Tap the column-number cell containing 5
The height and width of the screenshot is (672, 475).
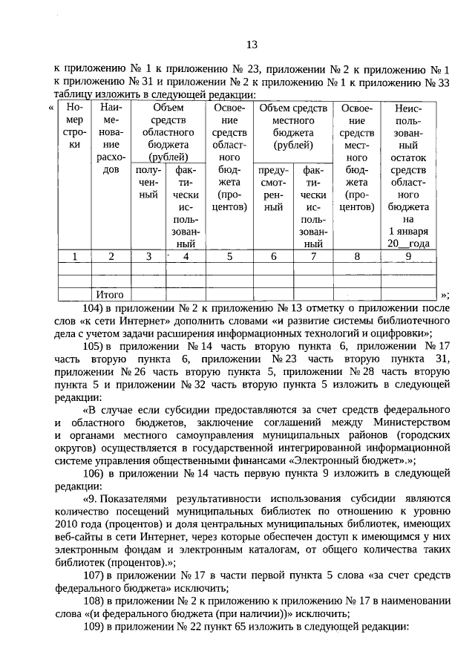[x=230, y=256]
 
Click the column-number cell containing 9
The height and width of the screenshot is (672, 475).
[x=407, y=256]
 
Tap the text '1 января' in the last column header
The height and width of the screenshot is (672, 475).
[x=407, y=231]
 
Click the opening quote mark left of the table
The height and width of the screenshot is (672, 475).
[x=50, y=108]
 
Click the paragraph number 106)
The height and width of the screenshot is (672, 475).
[x=92, y=472]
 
